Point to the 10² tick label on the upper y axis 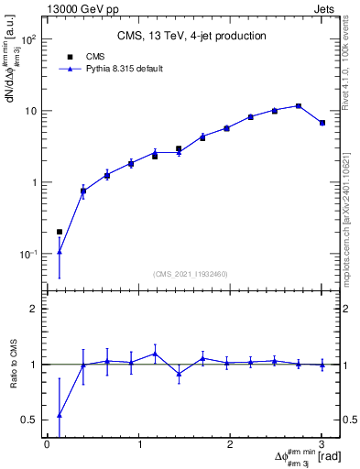29,40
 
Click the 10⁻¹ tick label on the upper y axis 29,254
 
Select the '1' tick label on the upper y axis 35,182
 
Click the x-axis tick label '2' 230,444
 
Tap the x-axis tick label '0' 47,444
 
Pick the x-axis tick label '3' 322,444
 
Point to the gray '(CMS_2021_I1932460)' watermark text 191,274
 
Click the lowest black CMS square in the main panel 60,232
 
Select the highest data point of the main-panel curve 299,106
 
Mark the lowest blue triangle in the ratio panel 60,415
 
